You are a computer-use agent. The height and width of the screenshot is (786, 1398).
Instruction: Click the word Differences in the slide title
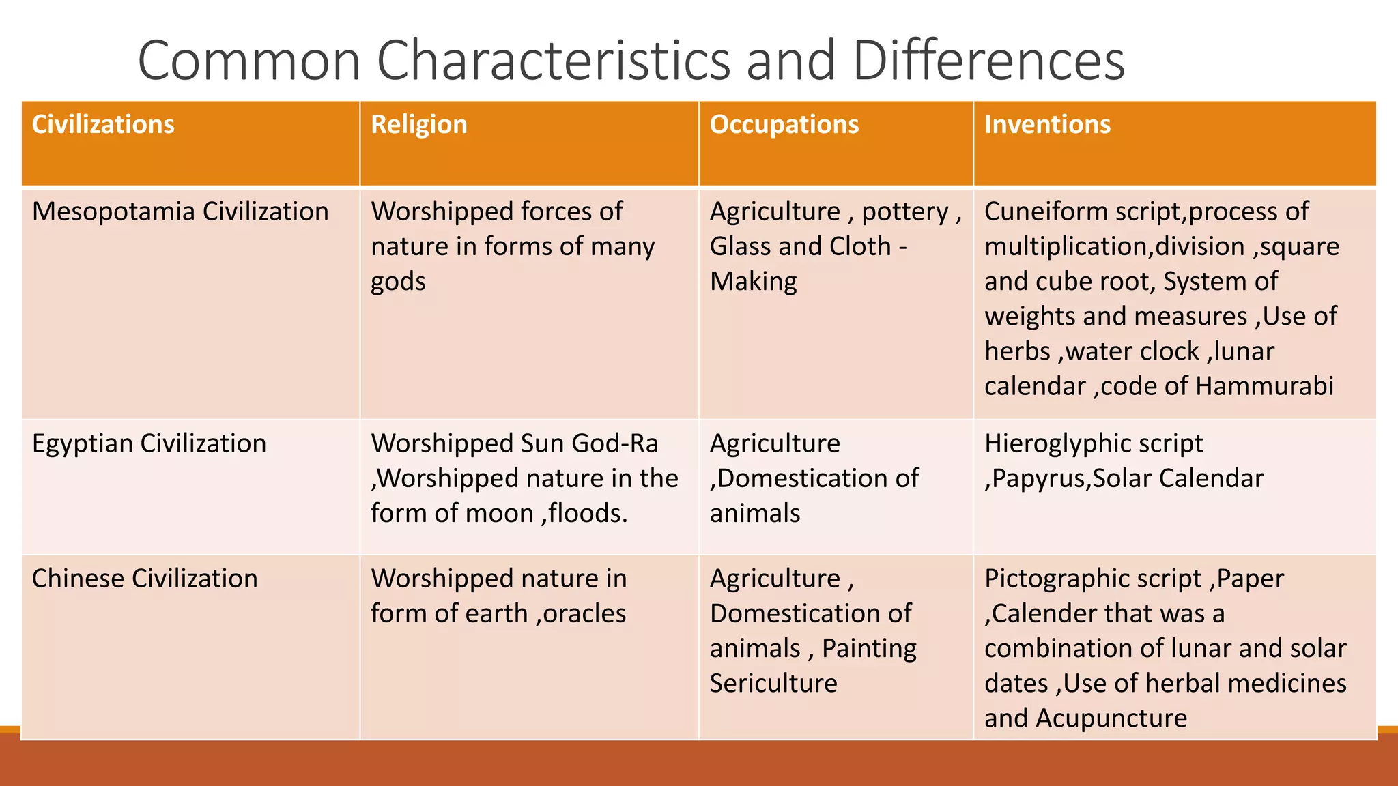pos(988,60)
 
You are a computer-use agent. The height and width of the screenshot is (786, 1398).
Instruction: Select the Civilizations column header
pos(103,124)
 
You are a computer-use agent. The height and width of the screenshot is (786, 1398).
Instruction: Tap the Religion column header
pos(418,124)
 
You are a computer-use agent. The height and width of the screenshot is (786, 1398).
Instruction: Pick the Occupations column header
pos(784,124)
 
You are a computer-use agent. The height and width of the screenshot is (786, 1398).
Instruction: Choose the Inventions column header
pos(1047,124)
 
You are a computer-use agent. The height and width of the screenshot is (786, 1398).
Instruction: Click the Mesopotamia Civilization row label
pos(180,212)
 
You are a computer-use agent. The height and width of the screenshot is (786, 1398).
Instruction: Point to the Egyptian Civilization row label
pos(149,443)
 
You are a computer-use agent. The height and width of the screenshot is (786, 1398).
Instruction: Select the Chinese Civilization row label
pos(145,579)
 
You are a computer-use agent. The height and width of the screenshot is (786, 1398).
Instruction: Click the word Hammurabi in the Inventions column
pos(1264,386)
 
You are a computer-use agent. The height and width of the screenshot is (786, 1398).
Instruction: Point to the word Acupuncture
pos(1111,718)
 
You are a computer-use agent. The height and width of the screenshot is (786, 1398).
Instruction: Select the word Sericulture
pos(773,683)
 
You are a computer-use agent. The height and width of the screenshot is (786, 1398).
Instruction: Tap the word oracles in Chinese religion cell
pos(584,613)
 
